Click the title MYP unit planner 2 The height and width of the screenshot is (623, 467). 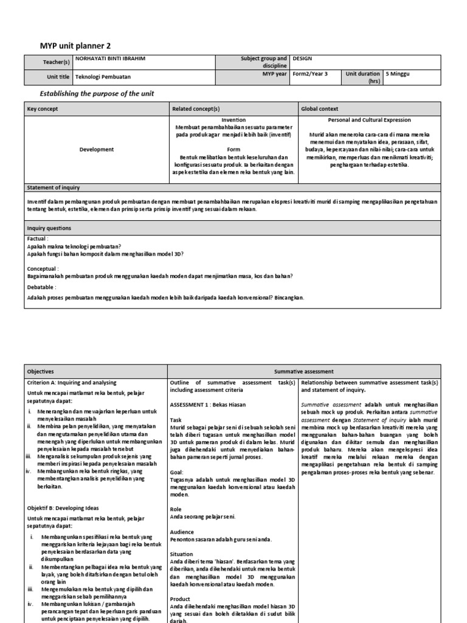point(75,46)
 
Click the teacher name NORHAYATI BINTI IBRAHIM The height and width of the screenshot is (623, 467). point(110,59)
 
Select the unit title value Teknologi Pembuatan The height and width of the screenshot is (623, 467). point(103,77)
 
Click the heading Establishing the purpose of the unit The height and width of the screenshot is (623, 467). point(97,93)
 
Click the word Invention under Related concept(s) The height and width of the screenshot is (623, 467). point(233,120)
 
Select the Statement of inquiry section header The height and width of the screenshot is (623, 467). point(54,187)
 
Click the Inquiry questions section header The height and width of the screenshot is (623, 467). point(49,228)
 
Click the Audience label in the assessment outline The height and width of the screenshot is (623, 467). point(182,531)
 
